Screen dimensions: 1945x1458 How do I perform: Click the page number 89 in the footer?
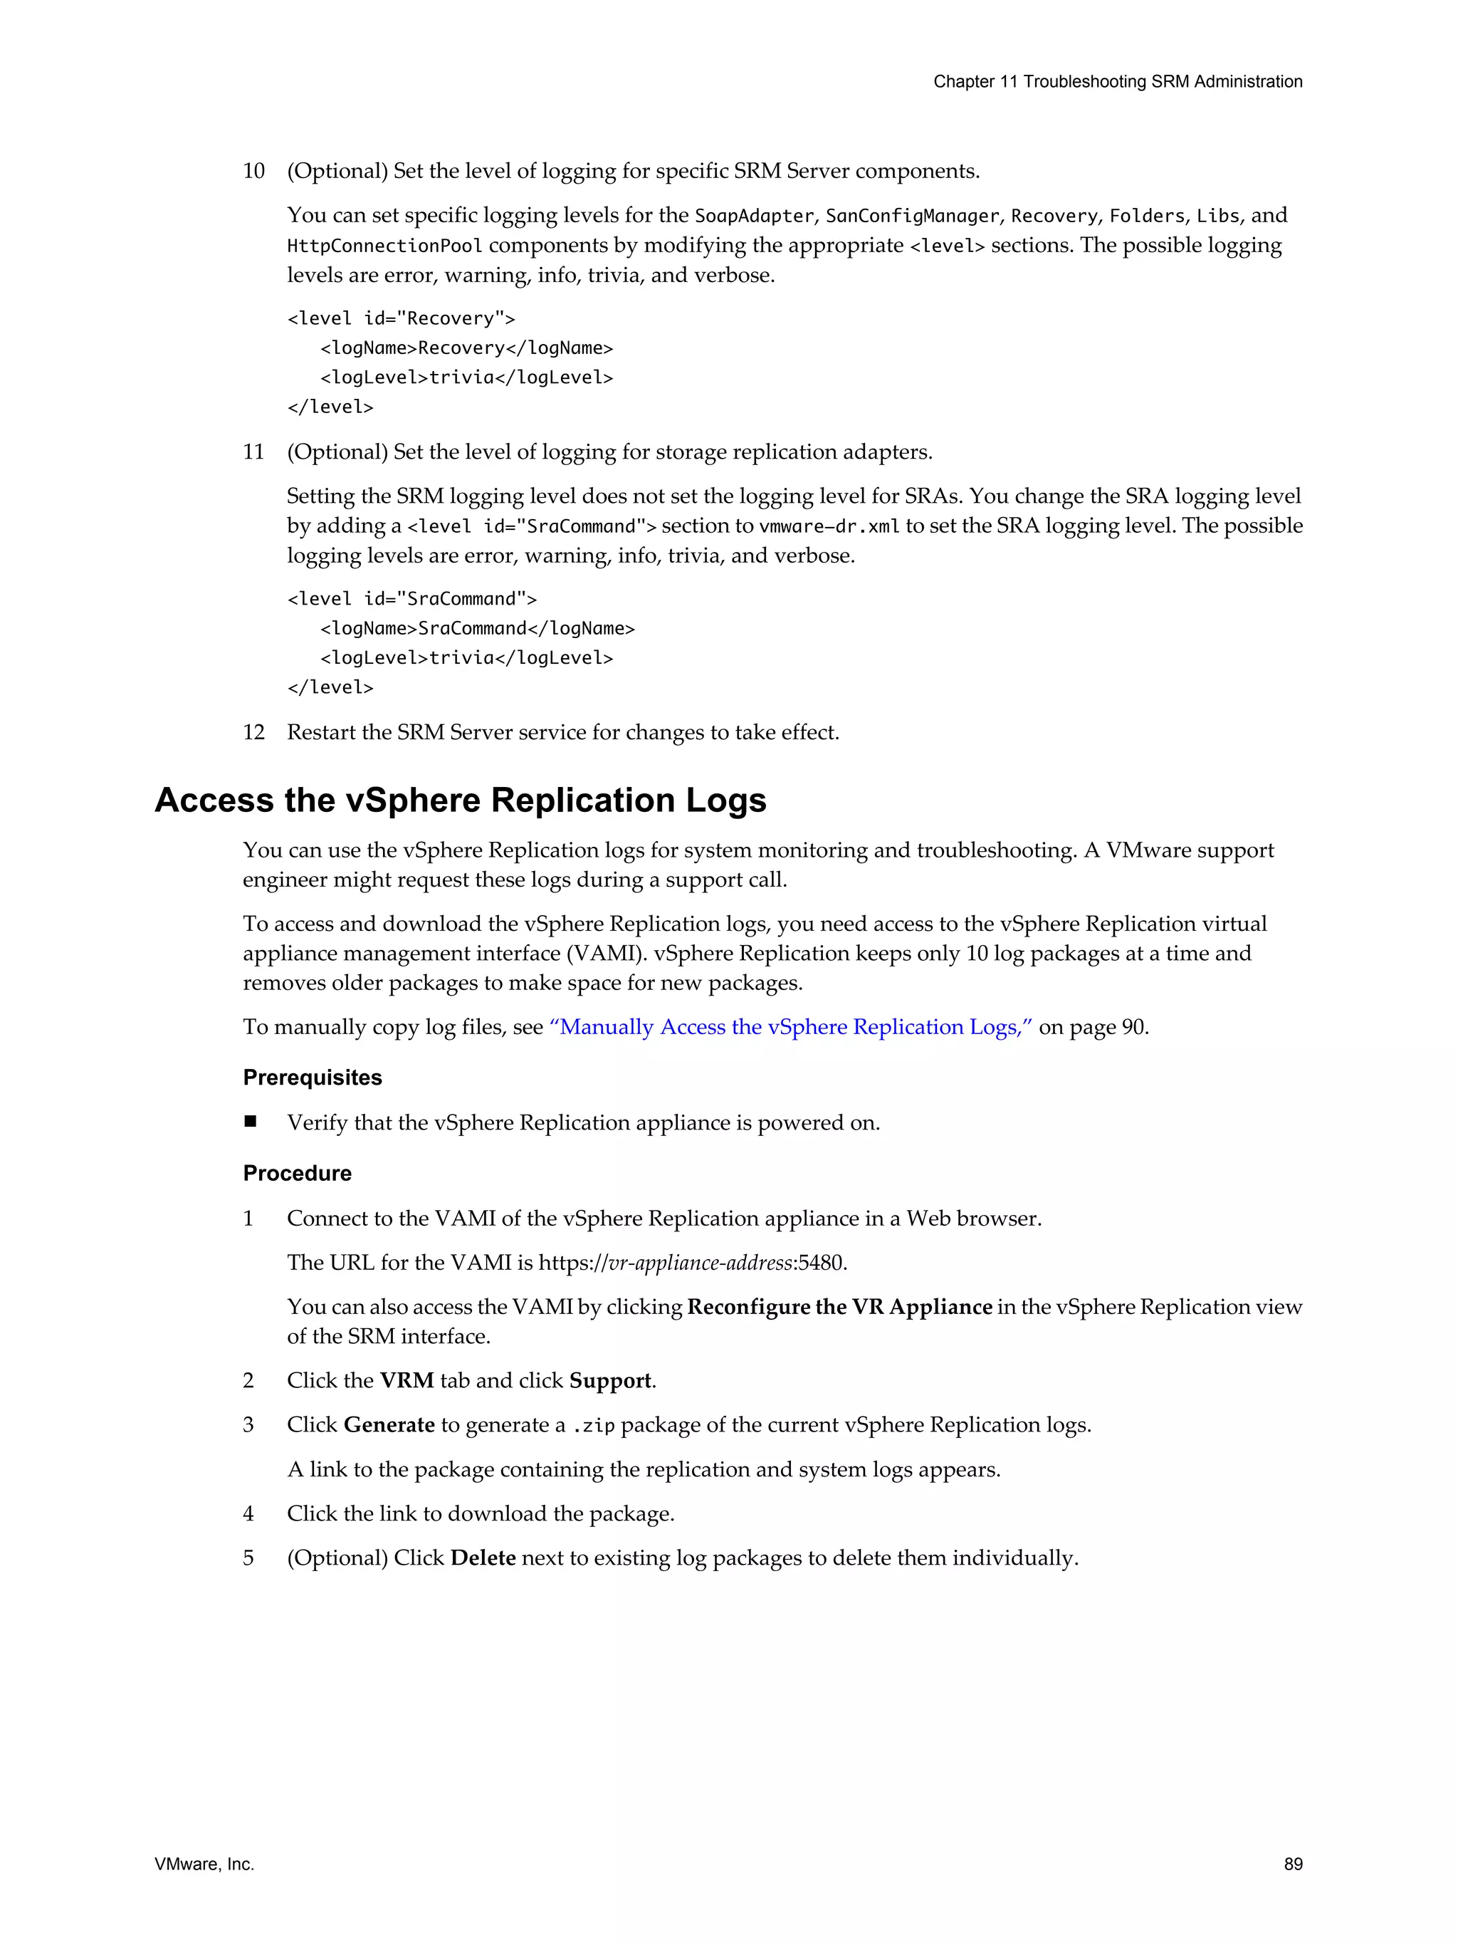pyautogui.click(x=1292, y=1864)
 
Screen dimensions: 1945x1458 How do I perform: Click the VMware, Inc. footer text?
pyautogui.click(x=204, y=1864)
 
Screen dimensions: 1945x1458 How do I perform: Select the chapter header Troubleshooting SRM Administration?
pyautogui.click(x=1117, y=82)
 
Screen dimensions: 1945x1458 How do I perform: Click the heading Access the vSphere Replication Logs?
pyautogui.click(x=461, y=801)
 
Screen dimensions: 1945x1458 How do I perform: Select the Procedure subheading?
pyautogui.click(x=297, y=1173)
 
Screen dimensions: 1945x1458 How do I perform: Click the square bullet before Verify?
pyautogui.click(x=251, y=1121)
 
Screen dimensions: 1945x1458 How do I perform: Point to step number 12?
pyautogui.click(x=253, y=732)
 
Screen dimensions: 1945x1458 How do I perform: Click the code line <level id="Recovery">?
pyautogui.click(x=401, y=318)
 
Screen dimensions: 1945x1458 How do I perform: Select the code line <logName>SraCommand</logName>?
pyautogui.click(x=477, y=629)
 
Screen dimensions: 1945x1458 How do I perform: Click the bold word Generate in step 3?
pyautogui.click(x=389, y=1424)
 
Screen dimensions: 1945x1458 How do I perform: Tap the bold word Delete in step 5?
pyautogui.click(x=483, y=1558)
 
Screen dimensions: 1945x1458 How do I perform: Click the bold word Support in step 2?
pyautogui.click(x=610, y=1380)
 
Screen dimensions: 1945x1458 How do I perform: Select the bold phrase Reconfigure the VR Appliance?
pyautogui.click(x=839, y=1307)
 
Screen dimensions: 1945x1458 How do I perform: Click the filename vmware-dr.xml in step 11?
pyautogui.click(x=829, y=526)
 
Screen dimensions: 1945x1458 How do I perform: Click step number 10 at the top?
pyautogui.click(x=253, y=171)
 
